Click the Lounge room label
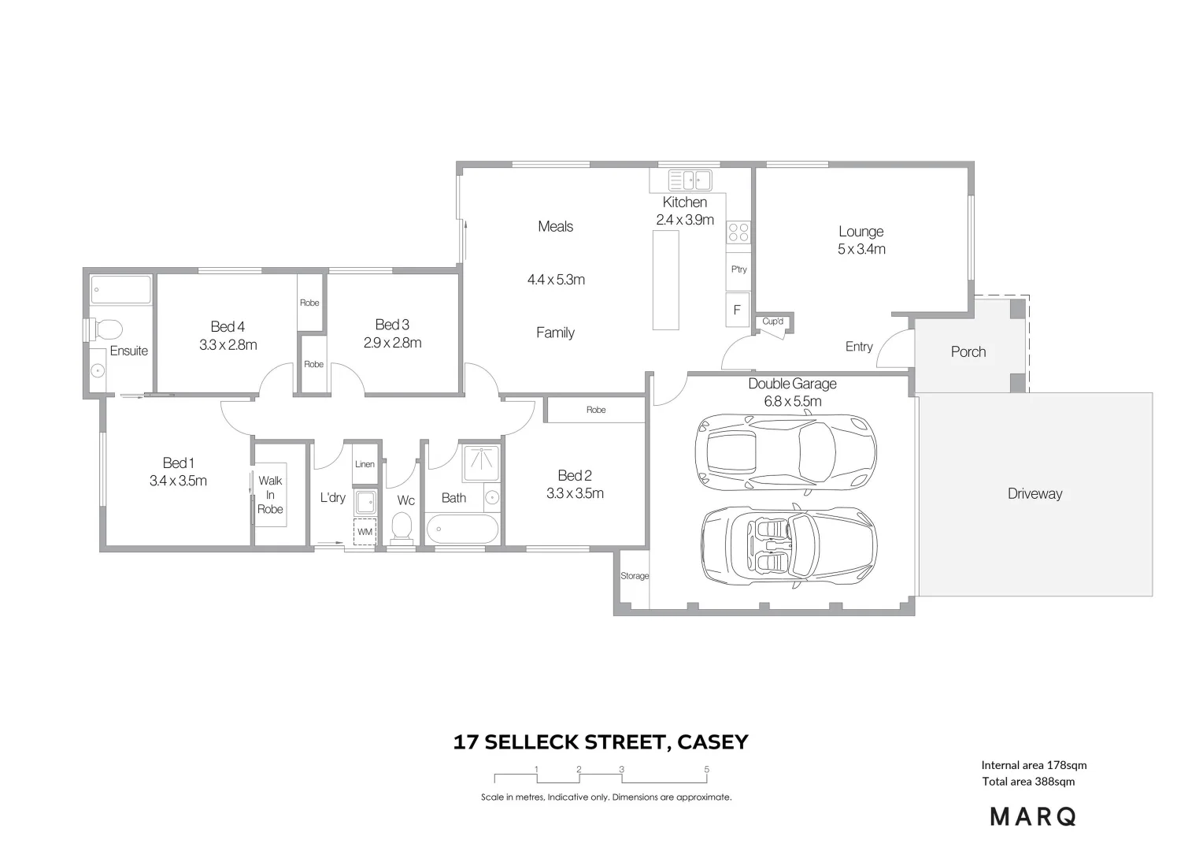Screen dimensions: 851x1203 coord(861,232)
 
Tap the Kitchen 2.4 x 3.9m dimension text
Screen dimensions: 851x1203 coord(684,220)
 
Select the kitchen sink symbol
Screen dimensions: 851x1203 coord(689,180)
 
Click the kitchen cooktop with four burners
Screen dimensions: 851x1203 coord(738,232)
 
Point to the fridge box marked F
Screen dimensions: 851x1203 coord(737,310)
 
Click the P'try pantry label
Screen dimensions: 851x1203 coord(738,269)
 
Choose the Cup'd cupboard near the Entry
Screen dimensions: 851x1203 coord(772,321)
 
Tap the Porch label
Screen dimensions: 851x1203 coord(968,352)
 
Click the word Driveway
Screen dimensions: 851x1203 coord(1035,494)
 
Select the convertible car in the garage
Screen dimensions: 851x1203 coord(788,544)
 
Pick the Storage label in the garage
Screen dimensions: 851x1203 coord(634,576)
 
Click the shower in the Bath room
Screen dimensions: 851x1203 coord(480,464)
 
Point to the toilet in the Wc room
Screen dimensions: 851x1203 coord(402,528)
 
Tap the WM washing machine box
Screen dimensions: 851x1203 coord(365,532)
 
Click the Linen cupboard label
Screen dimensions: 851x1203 coord(365,464)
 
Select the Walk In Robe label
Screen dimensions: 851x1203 coord(270,495)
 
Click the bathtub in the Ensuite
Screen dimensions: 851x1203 coord(120,290)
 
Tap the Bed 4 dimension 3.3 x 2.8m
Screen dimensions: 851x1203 coord(228,344)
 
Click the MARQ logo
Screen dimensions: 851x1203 coord(1033,817)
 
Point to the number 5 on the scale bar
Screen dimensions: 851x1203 coord(706,770)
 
